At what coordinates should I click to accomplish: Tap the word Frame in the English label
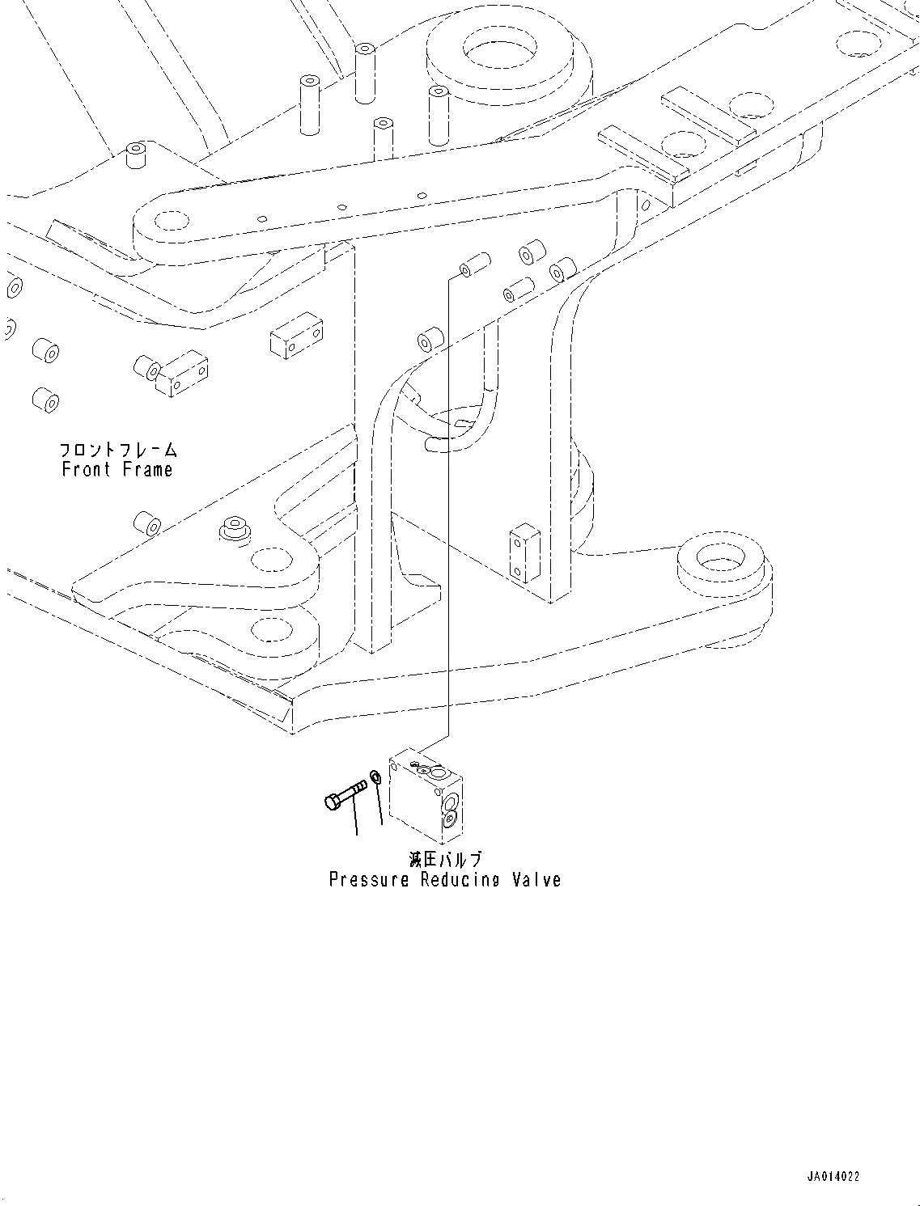pos(148,470)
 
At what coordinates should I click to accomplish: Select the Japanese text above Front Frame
pos(118,451)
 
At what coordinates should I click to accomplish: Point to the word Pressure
pos(369,880)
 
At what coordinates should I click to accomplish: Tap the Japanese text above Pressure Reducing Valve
pos(446,860)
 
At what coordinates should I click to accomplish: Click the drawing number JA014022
pos(832,1177)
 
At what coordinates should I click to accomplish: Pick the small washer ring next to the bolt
pos(375,778)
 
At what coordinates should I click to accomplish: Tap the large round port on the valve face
pos(450,801)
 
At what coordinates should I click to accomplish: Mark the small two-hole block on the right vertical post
pos(524,555)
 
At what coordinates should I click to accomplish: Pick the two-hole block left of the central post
pos(296,338)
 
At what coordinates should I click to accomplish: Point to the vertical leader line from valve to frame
pos(448,501)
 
